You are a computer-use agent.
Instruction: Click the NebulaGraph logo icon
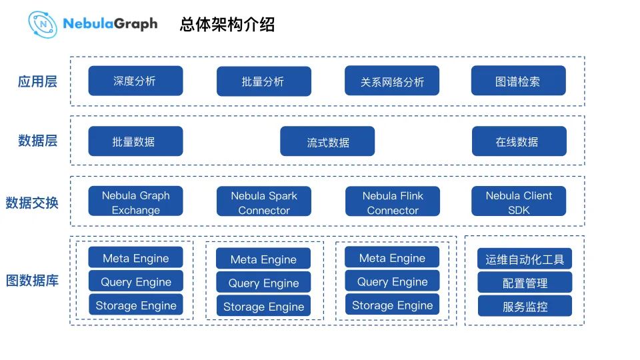coord(43,24)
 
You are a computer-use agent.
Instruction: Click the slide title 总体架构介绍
coord(227,25)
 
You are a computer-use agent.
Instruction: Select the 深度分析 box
coord(135,81)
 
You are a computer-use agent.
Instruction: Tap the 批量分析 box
coord(263,81)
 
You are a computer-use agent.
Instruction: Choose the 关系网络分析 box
coord(392,81)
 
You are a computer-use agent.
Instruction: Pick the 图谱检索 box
coord(518,81)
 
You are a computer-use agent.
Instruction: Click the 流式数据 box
coord(327,141)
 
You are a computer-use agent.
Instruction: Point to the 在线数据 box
coord(519,141)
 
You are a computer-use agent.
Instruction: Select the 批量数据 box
coord(135,141)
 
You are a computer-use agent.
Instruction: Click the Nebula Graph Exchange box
coord(135,202)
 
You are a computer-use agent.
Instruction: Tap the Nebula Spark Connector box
coord(263,202)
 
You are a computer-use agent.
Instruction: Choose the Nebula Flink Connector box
coord(392,202)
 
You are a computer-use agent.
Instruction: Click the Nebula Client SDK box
coord(518,201)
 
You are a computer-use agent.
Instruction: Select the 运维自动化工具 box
coord(525,259)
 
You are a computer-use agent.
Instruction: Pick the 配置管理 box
coord(525,283)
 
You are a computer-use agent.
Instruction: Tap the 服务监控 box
coord(525,306)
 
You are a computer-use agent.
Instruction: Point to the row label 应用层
coord(37,81)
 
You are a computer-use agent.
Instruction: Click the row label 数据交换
coord(32,202)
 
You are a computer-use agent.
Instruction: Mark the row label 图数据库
coord(32,280)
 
